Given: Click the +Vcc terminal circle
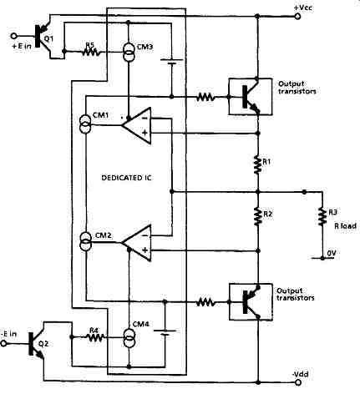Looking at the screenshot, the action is coord(297,17).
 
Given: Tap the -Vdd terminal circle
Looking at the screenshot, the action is coord(297,382).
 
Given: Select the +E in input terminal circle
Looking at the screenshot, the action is coord(13,36).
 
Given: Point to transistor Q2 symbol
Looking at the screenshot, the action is coord(36,344).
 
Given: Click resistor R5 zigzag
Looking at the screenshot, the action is coord(90,52).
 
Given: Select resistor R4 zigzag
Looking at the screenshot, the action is coord(95,337).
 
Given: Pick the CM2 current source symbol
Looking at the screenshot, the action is coord(85,241).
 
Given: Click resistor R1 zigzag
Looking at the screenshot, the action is coord(258,164).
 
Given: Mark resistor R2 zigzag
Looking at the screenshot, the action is coord(258,216).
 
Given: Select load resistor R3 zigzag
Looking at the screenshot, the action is coord(322,216).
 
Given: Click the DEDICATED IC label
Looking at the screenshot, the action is coord(127,178).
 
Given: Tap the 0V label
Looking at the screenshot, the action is coord(332,253).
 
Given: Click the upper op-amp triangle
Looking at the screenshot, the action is coord(136,125).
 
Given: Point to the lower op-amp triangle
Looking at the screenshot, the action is coord(136,243).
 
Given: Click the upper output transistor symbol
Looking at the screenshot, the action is coord(251,97).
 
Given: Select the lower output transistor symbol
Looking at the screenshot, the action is coord(251,301).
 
